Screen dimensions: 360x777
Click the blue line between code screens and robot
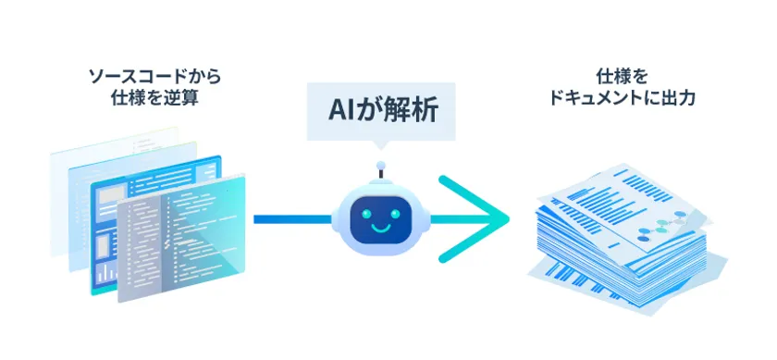coord(291,219)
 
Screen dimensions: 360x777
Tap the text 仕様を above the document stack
coord(621,73)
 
